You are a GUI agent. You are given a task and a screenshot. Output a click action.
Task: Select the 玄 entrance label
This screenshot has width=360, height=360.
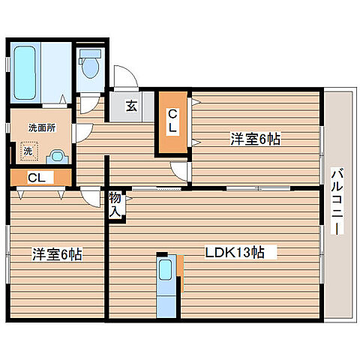pyautogui.click(x=131, y=106)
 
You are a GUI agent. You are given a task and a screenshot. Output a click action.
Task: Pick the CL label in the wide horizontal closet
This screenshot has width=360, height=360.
pyautogui.click(x=35, y=178)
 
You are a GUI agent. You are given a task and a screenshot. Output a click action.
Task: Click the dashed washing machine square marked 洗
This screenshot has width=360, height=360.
pyautogui.click(x=28, y=151)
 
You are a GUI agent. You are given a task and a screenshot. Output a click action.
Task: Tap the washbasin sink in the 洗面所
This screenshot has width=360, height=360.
pyautogui.click(x=55, y=156)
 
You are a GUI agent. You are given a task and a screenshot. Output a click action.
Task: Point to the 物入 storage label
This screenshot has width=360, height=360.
pyautogui.click(x=115, y=204)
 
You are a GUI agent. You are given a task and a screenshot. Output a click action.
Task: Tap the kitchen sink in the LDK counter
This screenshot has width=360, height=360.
pyautogui.click(x=166, y=265)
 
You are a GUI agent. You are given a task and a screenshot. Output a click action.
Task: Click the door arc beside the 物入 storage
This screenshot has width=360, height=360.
pyautogui.click(x=91, y=197)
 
